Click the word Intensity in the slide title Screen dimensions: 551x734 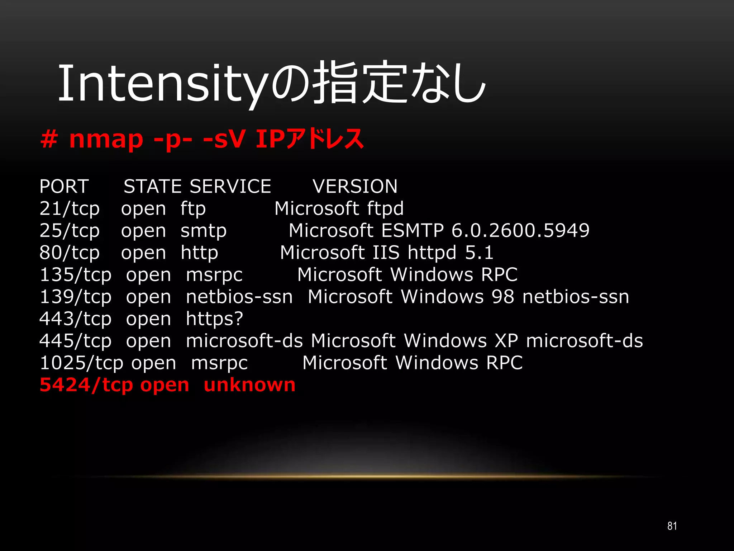[163, 83]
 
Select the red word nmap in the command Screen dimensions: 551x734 [106, 139]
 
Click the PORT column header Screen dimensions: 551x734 [64, 187]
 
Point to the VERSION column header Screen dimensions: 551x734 [355, 187]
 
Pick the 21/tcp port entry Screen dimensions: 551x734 [70, 209]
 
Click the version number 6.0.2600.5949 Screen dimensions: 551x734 [520, 231]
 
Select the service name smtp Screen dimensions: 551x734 [204, 231]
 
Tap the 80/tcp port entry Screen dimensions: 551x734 [70, 253]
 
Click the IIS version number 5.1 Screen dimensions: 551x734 [479, 253]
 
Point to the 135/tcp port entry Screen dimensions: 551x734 [75, 275]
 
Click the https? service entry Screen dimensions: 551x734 [214, 319]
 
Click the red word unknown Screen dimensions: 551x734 [249, 385]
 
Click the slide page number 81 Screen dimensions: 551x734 [672, 526]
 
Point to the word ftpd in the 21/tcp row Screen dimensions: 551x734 [385, 209]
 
